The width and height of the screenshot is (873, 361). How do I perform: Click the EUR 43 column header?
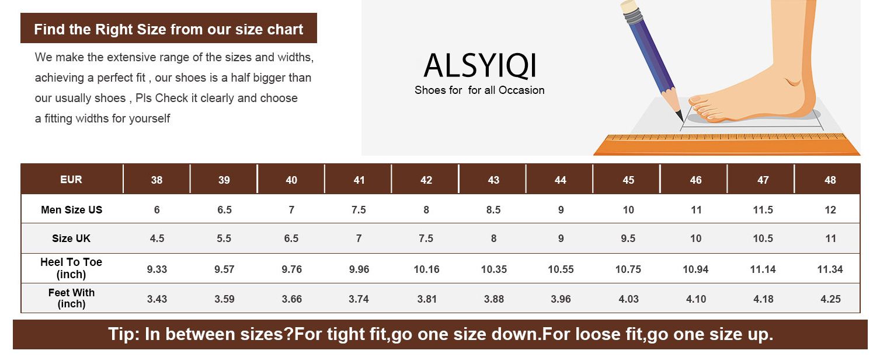click(493, 180)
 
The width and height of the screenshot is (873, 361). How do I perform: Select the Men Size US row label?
click(71, 210)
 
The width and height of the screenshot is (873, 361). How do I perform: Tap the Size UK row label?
click(71, 239)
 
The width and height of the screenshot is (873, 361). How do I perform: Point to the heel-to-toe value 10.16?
click(426, 269)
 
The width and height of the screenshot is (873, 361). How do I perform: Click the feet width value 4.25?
click(830, 299)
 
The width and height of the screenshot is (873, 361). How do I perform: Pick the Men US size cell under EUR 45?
click(628, 210)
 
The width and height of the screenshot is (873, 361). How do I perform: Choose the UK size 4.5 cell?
click(156, 239)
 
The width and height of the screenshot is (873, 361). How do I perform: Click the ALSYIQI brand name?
click(480, 65)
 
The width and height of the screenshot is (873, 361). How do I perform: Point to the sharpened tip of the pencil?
click(681, 120)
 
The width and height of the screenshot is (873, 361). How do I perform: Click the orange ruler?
click(727, 145)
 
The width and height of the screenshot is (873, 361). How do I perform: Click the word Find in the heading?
click(49, 30)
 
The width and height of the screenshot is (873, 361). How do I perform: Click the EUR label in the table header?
click(71, 180)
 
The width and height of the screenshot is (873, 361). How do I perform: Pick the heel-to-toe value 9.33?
click(156, 269)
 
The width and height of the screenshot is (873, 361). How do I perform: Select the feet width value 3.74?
click(359, 299)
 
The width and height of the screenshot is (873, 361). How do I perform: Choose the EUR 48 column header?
click(830, 180)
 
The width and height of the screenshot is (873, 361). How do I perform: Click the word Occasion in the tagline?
click(521, 90)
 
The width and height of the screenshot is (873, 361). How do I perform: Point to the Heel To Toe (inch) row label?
click(71, 268)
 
